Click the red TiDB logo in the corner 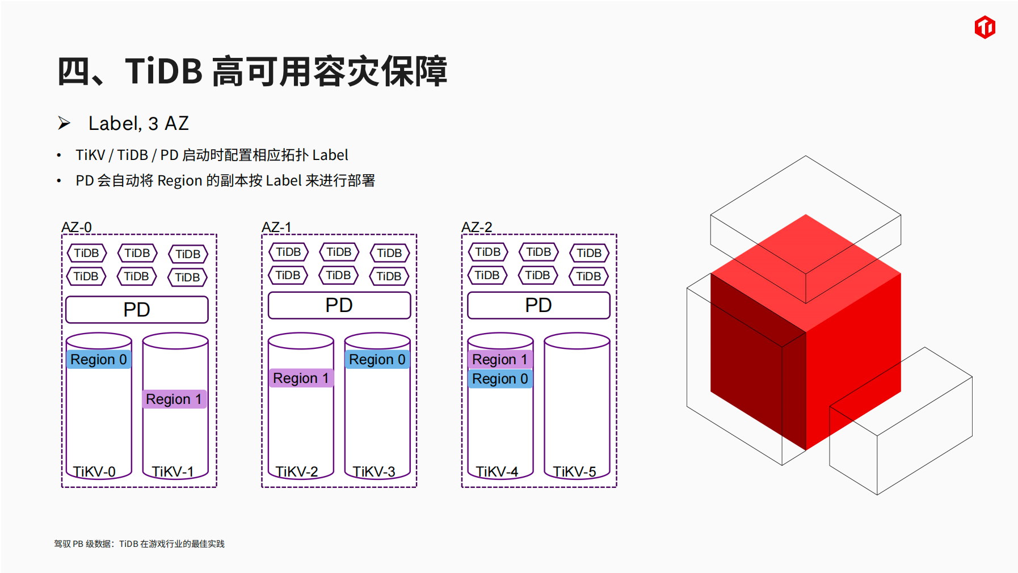point(985,27)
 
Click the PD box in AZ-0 point(137,310)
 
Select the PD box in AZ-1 point(339,305)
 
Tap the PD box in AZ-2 point(539,305)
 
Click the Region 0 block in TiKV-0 point(99,360)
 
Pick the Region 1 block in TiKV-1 point(174,399)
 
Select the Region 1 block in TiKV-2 point(301,378)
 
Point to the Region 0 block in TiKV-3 point(377,360)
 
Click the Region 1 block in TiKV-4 point(500,360)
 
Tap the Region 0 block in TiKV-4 point(500,379)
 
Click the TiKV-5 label point(574,471)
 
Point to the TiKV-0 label point(94,471)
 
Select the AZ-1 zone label point(276,227)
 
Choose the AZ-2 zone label point(477,227)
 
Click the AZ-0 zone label point(77,227)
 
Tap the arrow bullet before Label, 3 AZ point(64,123)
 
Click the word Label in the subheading point(115,124)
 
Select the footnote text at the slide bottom point(139,543)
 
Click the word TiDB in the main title point(164,71)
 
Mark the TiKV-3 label point(373,471)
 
